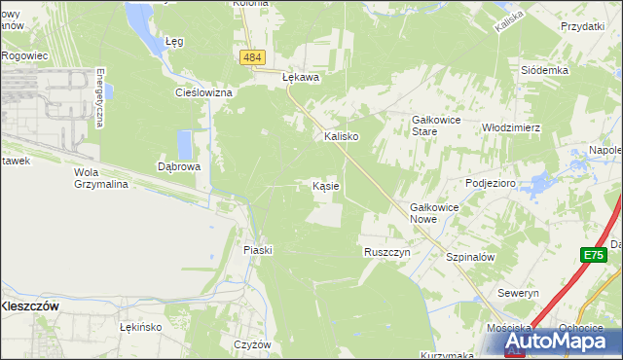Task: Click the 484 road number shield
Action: pyautogui.click(x=252, y=58)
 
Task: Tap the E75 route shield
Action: pyautogui.click(x=594, y=255)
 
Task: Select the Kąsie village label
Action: pyautogui.click(x=325, y=185)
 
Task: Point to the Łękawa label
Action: pyautogui.click(x=301, y=75)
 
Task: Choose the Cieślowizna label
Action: pyautogui.click(x=202, y=92)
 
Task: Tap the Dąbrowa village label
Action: pyautogui.click(x=179, y=166)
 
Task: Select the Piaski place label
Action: pyautogui.click(x=258, y=250)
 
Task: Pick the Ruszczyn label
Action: pyautogui.click(x=387, y=251)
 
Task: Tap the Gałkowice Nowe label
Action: pyautogui.click(x=435, y=213)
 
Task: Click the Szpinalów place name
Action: pyautogui.click(x=471, y=257)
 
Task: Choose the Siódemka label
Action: pyautogui.click(x=544, y=71)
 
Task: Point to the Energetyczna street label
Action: pyautogui.click(x=100, y=97)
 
